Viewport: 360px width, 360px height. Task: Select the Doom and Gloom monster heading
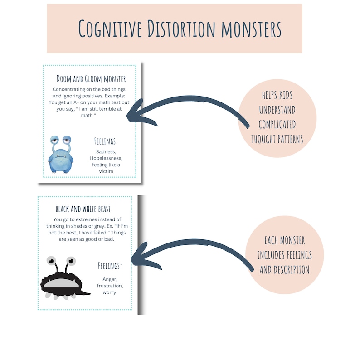point(91,79)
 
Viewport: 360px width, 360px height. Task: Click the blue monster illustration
point(61,154)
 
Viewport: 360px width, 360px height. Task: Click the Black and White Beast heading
point(83,209)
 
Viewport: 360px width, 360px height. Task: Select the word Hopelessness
point(106,158)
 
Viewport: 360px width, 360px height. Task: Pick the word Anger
point(109,279)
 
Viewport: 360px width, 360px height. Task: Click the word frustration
point(109,286)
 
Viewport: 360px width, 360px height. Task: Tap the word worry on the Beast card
point(109,292)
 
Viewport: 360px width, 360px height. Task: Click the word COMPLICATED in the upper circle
point(277,125)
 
